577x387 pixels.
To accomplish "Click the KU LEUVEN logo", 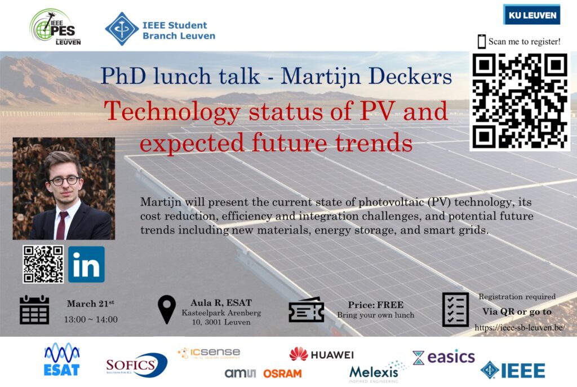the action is (x=532, y=15).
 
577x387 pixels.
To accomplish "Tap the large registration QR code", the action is (x=520, y=101).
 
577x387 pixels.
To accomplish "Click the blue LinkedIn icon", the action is (x=86, y=264).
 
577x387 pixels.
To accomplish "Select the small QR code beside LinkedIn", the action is (x=43, y=264).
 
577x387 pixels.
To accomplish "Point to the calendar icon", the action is (x=34, y=310).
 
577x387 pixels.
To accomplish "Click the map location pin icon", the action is (x=167, y=310).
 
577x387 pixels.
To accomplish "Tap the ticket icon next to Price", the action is (x=306, y=310).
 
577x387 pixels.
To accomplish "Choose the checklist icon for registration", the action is (x=455, y=310).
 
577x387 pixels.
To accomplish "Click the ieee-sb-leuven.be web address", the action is (x=520, y=327).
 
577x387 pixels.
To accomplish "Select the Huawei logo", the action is (x=321, y=355).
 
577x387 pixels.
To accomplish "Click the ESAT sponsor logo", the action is (x=62, y=359).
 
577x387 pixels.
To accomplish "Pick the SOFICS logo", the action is (x=136, y=365).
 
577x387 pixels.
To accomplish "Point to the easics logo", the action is (x=443, y=357).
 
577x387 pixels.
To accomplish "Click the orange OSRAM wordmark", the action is (x=282, y=373).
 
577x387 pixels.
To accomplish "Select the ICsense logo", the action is (x=209, y=353).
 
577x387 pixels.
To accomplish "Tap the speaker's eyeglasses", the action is (x=64, y=181).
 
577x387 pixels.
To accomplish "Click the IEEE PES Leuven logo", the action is (x=55, y=27).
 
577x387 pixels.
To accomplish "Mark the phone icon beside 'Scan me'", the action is (x=481, y=41).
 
